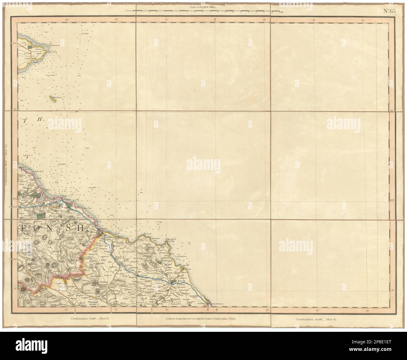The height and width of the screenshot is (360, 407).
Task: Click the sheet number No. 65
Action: coord(389,11)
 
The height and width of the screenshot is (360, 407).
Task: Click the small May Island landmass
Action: coord(51,99)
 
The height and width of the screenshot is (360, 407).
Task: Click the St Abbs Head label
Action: coord(173,239)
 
